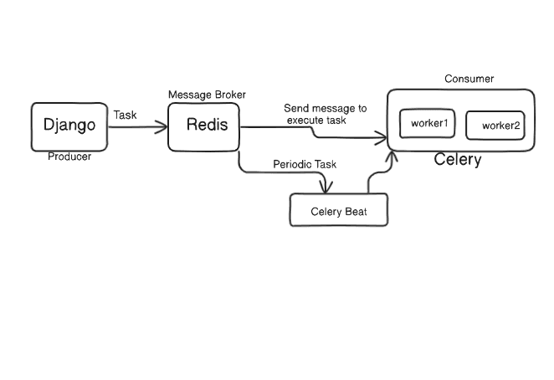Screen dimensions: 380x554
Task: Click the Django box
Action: click(x=69, y=126)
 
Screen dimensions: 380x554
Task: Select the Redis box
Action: click(x=205, y=126)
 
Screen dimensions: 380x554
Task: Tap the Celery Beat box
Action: click(x=339, y=210)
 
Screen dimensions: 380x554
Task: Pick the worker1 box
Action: click(x=429, y=124)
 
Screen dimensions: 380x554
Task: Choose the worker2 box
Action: click(x=495, y=126)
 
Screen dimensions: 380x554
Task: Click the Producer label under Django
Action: click(x=69, y=157)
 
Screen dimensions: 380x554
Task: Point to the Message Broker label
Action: click(x=207, y=95)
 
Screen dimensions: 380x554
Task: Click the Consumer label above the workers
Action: click(x=469, y=80)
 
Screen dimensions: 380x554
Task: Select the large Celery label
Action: click(x=458, y=160)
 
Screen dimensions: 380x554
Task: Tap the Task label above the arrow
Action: click(x=125, y=115)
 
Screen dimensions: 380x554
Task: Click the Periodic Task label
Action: click(x=305, y=164)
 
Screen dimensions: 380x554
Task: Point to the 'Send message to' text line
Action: click(x=325, y=108)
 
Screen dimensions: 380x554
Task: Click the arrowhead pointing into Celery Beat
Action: click(x=323, y=187)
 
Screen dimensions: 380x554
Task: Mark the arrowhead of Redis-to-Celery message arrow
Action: click(x=383, y=136)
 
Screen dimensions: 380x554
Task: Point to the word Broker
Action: click(x=228, y=95)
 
